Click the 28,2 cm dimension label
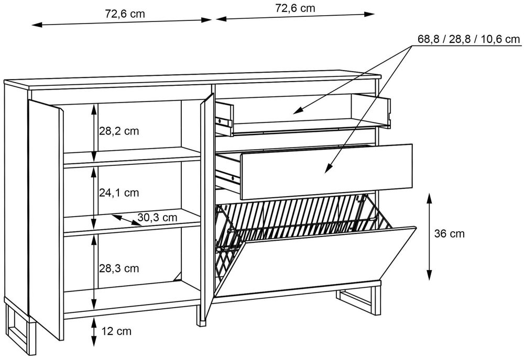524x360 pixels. (x=119, y=131)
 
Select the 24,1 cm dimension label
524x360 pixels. (x=119, y=193)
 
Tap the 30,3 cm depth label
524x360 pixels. (x=157, y=217)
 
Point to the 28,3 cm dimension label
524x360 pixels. (x=119, y=268)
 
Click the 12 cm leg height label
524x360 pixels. (x=117, y=331)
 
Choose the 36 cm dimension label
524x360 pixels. (x=449, y=234)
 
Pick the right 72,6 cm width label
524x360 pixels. (x=295, y=8)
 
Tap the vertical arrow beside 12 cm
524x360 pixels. (x=94, y=330)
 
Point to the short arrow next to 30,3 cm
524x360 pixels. (x=126, y=219)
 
